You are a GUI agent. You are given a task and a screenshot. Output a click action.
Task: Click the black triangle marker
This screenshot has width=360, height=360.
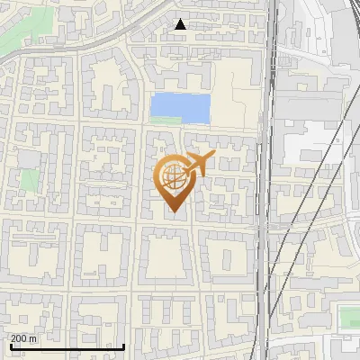coord(180,24)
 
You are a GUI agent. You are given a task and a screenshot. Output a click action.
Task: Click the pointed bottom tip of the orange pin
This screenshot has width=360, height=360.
coord(172,213)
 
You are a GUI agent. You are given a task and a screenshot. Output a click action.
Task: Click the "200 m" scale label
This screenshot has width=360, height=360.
coord(24,338)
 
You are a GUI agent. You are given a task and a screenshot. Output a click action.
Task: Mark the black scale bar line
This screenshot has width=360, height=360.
coord(67,346)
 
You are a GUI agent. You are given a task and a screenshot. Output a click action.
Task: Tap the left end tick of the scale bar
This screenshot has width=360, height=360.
coord(10,344)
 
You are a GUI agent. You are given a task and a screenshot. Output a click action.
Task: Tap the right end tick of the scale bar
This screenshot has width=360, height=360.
coord(123,344)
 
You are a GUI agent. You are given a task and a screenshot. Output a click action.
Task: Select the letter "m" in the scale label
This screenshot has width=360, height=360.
coord(33,338)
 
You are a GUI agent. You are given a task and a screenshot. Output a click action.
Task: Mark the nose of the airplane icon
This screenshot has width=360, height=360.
coord(214,157)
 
